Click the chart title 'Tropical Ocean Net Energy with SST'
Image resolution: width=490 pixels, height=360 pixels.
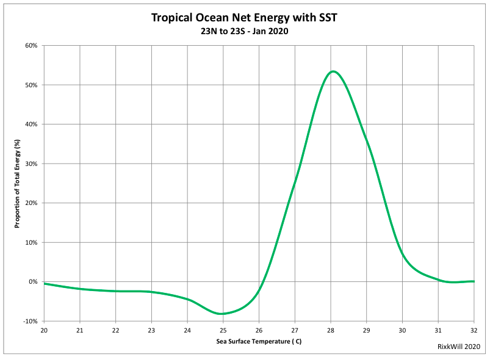[244, 18]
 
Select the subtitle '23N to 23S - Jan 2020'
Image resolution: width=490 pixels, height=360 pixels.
[244, 32]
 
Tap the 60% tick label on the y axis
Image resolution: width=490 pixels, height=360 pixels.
[31, 46]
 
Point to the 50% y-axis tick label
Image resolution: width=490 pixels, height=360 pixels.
[31, 85]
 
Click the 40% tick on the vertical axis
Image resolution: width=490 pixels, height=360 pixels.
[31, 124]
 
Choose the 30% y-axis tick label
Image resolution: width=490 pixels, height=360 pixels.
[31, 164]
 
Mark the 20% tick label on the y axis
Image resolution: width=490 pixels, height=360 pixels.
[31, 203]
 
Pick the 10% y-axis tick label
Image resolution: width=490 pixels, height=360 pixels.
[31, 242]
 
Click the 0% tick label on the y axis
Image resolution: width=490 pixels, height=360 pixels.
[33, 282]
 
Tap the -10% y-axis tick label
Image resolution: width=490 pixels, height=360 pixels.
[30, 321]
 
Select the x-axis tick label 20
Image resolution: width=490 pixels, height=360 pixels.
[44, 330]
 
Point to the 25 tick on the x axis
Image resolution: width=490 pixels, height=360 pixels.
[223, 330]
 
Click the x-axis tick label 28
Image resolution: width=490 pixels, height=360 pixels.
[331, 330]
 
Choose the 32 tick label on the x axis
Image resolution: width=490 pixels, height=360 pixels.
[474, 330]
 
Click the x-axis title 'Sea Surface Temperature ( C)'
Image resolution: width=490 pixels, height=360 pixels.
[259, 341]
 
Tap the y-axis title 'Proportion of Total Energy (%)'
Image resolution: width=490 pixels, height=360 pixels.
[18, 183]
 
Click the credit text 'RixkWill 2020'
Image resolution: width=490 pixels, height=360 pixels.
[459, 346]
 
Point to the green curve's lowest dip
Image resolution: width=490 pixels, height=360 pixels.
[222, 314]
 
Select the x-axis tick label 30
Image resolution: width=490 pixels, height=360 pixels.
[402, 330]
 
